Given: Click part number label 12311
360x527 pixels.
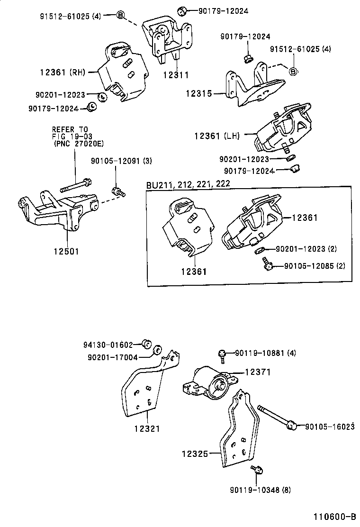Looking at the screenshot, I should click(x=175, y=75).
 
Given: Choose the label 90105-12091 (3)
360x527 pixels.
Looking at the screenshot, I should click(x=121, y=161).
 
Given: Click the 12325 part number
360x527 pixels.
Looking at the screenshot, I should click(x=194, y=454).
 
